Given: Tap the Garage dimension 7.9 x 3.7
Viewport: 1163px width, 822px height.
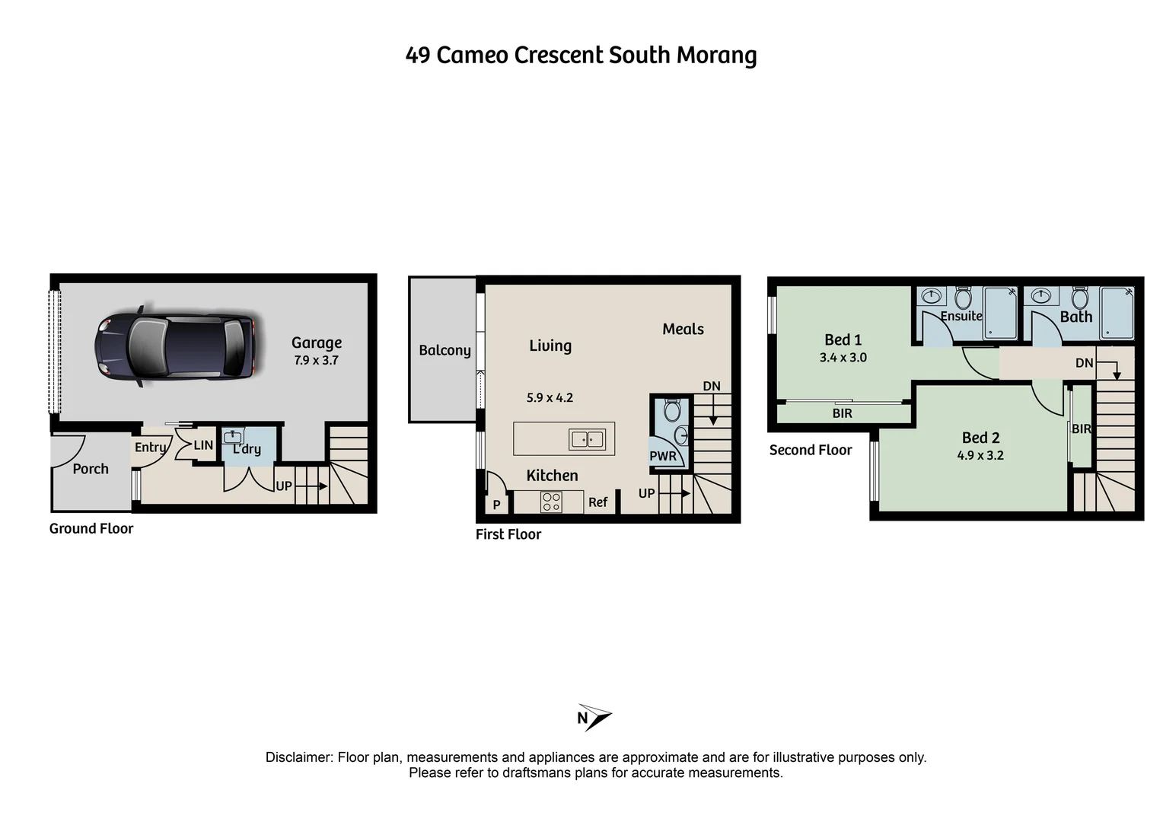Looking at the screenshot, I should tap(316, 360).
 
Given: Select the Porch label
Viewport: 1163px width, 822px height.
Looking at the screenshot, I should tap(91, 469).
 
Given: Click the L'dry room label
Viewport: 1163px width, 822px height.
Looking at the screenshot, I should tap(247, 449).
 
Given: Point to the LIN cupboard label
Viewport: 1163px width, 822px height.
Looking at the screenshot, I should tap(203, 445).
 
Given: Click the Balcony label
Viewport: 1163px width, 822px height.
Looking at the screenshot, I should tap(444, 350).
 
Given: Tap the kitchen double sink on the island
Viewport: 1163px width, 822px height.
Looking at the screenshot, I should tap(587, 439).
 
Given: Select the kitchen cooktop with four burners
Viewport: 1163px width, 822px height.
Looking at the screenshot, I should tap(551, 502).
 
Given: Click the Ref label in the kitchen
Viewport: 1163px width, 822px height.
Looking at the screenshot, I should tap(597, 502).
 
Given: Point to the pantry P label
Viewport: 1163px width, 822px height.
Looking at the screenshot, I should tap(496, 505).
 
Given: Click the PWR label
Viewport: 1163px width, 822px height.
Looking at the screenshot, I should tap(662, 457).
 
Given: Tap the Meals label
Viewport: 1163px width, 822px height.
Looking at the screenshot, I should tap(683, 329).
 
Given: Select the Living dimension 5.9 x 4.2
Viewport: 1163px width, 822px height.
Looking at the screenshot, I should tap(550, 397).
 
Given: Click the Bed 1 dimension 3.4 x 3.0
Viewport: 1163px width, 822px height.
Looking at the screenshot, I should tap(843, 357).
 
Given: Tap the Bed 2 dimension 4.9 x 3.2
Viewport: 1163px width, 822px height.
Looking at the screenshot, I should tap(980, 455).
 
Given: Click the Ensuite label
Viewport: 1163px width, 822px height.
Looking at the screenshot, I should tap(961, 316).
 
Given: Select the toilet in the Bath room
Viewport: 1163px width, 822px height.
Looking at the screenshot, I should tap(1079, 297).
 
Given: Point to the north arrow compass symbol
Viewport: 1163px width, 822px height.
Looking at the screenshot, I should tap(594, 717).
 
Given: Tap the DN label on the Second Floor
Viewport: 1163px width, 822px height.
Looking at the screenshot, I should tap(1084, 363).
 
